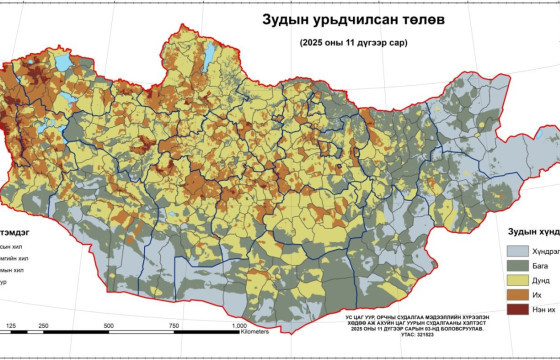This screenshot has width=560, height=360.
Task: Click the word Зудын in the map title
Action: click(x=288, y=20)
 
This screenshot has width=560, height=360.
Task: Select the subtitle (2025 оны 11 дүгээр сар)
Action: click(x=354, y=43)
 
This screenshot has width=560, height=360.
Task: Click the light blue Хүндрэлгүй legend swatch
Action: click(x=518, y=251)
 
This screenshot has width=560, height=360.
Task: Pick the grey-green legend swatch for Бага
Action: click(x=518, y=268)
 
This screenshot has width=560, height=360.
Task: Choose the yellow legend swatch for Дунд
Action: click(x=518, y=285)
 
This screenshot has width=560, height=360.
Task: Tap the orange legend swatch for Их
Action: click(x=518, y=302)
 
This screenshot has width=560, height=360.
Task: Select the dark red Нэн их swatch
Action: click(x=518, y=319)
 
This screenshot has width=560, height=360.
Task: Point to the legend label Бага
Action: click(x=549, y=268)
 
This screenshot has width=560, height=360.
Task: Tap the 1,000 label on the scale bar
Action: click(x=240, y=326)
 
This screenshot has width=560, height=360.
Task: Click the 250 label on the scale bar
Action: click(x=43, y=326)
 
